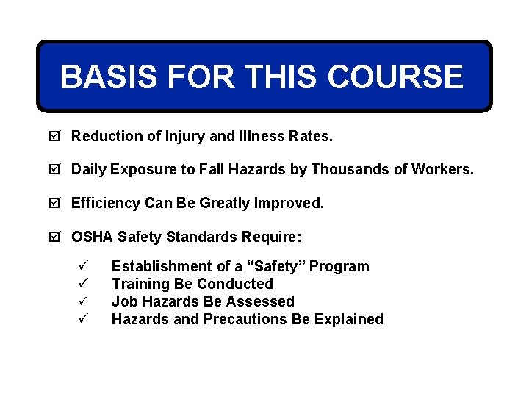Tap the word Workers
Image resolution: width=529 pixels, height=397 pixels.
pos(445,170)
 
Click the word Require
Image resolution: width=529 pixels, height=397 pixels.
pos(273,237)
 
